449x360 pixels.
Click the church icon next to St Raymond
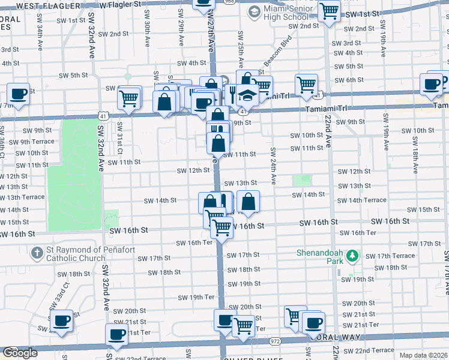tap(37, 253)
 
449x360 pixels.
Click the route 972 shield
tap(276, 341)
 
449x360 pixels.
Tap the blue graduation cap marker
tap(247, 95)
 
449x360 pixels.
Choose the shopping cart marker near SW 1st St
tap(329, 10)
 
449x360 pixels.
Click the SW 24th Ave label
tap(273, 166)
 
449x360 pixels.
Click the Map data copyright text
tap(423, 355)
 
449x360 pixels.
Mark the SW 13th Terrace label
tap(23, 197)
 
